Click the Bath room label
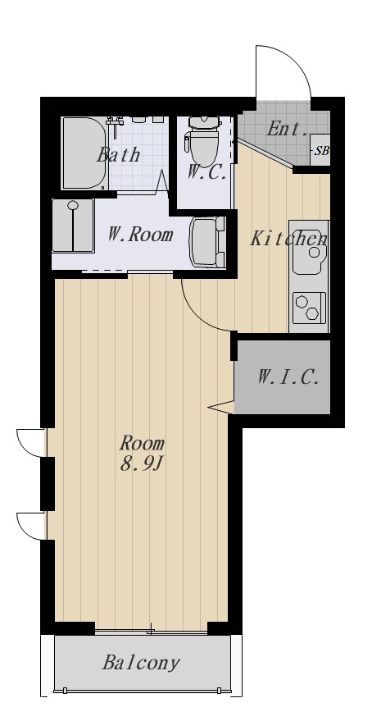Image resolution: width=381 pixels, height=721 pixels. (x=118, y=154)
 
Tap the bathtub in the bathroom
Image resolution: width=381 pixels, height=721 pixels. (x=85, y=153)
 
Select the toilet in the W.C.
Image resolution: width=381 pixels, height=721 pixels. (x=202, y=141)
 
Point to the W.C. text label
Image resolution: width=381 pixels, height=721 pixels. (x=206, y=172)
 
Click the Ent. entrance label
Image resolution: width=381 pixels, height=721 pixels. (x=288, y=129)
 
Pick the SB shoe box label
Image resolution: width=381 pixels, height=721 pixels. (x=321, y=150)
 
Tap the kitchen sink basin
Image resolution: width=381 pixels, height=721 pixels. (x=309, y=248)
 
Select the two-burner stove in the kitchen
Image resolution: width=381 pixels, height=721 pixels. (x=309, y=308)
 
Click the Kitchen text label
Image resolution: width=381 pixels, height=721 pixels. (x=288, y=239)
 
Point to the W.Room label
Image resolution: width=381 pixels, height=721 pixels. (x=140, y=235)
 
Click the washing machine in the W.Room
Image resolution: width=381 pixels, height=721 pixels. (x=73, y=226)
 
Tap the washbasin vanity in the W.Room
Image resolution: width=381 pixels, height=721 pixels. (x=208, y=242)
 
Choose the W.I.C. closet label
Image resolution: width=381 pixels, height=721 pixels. (x=288, y=378)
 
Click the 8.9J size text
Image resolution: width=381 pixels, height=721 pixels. (x=142, y=464)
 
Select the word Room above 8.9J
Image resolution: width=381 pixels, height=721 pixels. (x=142, y=444)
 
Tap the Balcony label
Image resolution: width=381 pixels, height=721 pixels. (x=141, y=663)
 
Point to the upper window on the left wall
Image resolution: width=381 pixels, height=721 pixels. (x=31, y=443)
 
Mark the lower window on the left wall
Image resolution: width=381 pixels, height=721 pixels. (x=31, y=526)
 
